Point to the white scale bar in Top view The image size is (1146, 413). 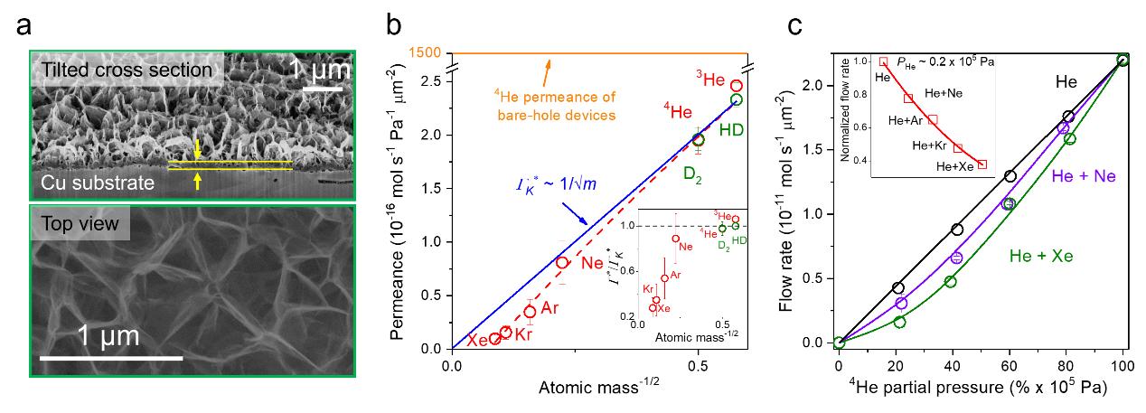click(111, 359)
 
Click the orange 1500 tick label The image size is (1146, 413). click(425, 52)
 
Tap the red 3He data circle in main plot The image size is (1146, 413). click(737, 86)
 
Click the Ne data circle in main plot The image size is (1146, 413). click(562, 263)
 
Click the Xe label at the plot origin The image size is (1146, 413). click(477, 340)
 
